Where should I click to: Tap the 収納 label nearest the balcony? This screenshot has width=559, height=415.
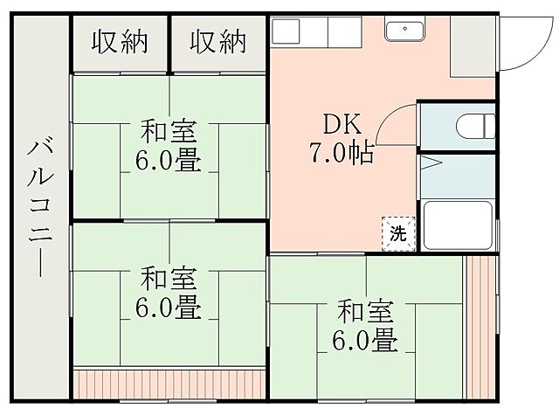click(x=120, y=41)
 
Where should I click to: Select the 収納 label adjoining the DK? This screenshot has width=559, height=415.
click(x=218, y=41)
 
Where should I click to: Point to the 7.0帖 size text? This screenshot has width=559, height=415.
click(x=341, y=153)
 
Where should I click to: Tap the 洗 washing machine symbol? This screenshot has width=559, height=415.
click(x=397, y=233)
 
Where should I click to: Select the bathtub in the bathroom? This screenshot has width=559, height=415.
click(x=457, y=225)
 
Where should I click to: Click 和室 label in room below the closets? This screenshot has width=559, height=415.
click(x=168, y=134)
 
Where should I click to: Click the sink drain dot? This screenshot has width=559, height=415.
click(x=404, y=29)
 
